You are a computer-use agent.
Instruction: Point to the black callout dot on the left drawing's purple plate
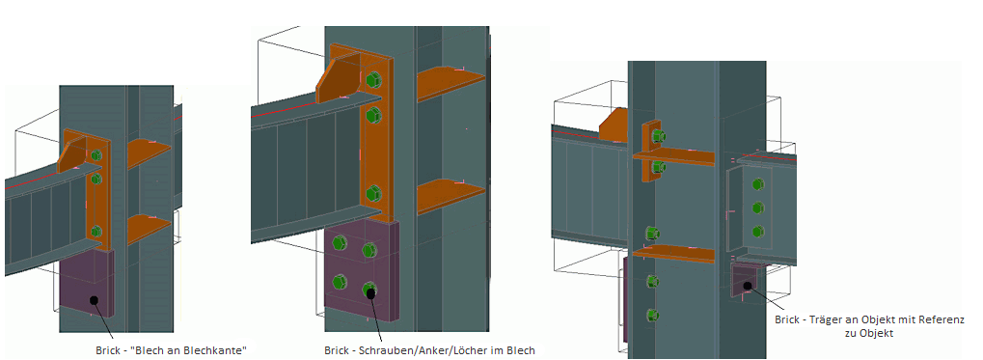95,300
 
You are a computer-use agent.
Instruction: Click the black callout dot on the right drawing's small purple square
748,286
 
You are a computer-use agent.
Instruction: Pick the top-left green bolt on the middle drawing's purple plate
341,241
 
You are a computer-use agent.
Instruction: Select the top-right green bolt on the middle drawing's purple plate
369,250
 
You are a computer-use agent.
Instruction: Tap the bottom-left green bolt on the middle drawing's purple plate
341,282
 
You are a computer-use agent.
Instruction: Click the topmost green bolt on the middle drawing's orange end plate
374,80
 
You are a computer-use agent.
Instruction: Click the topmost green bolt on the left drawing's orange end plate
96,155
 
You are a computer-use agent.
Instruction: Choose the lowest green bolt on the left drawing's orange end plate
96,231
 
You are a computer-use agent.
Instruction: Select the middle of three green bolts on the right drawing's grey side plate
758,208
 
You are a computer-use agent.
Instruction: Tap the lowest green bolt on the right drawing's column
651,315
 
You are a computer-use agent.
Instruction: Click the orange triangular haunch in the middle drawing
339,77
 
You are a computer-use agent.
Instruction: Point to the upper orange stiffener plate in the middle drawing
450,81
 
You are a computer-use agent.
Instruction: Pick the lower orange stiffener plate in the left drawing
149,229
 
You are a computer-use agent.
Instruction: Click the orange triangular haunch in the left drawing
74,153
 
